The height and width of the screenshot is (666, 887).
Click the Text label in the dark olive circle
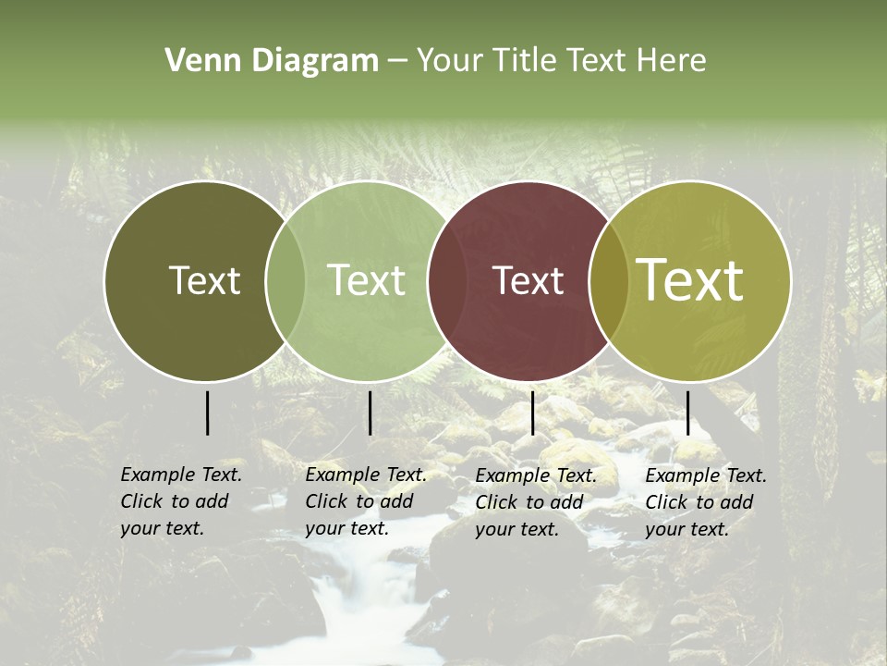[204, 281]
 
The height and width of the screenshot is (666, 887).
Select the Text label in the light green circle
[366, 281]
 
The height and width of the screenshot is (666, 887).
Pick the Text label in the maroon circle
[529, 281]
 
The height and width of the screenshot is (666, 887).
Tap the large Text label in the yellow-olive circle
[690, 280]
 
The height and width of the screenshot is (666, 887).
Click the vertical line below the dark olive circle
[207, 413]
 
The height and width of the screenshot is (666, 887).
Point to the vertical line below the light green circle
[370, 413]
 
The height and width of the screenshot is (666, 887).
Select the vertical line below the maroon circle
[532, 413]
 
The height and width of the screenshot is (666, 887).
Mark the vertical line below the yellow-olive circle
[687, 413]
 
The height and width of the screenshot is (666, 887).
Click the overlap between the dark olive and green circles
[286, 281]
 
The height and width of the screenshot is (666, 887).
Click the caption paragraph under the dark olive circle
[181, 501]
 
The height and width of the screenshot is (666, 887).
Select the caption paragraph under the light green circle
[366, 501]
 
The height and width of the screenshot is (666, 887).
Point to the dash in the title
[397, 61]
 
